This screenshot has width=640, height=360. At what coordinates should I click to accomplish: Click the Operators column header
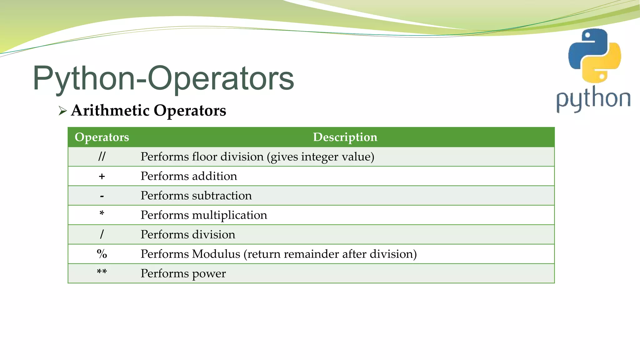point(102,137)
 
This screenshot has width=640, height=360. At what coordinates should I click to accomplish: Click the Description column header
point(345,137)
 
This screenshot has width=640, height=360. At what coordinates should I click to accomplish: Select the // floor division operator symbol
point(102,157)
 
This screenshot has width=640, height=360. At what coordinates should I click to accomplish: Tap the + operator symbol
point(102,177)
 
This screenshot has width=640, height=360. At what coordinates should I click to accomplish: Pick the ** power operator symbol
point(102,272)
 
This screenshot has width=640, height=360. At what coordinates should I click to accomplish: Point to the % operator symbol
point(102,254)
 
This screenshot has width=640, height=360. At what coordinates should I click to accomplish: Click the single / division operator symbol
point(102,234)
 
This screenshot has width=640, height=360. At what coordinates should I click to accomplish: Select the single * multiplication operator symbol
point(102,214)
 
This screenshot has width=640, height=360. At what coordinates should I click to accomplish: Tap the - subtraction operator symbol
point(102,196)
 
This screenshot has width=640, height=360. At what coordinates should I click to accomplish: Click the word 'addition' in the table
point(215,176)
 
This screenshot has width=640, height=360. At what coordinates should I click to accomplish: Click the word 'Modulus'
point(216,254)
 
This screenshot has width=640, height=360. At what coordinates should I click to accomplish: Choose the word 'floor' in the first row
point(206,157)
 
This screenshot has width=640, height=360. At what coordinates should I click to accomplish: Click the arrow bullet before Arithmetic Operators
point(62,111)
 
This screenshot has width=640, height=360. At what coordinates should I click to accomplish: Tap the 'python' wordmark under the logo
point(593,99)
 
